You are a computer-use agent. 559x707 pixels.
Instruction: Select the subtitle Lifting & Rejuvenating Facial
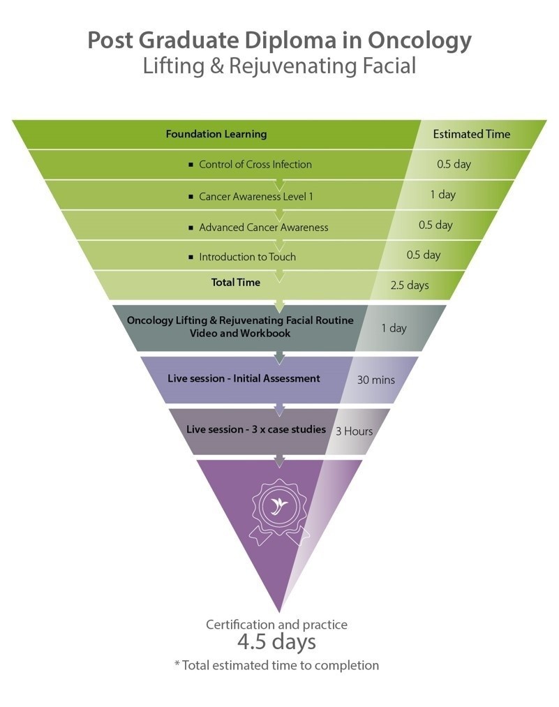click(x=279, y=66)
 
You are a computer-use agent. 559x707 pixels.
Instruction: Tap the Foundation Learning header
click(x=216, y=134)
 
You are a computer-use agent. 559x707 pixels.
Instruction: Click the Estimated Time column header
click(x=472, y=134)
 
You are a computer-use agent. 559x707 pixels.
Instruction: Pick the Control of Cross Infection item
click(x=255, y=165)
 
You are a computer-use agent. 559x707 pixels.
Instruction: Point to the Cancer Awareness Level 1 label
click(x=256, y=197)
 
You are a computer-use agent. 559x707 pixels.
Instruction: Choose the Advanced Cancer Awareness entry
click(x=263, y=228)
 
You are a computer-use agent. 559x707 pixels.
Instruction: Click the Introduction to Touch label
click(x=247, y=257)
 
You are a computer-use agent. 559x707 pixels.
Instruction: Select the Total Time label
click(x=236, y=283)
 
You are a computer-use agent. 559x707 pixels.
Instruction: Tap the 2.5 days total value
click(x=410, y=285)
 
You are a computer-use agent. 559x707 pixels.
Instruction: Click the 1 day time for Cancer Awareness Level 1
click(x=442, y=195)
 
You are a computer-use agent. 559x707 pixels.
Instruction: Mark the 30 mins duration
click(x=376, y=380)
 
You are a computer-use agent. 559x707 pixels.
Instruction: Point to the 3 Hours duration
click(x=354, y=431)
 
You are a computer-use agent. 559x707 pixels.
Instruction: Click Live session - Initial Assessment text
click(x=244, y=378)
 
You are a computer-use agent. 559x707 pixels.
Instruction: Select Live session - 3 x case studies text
click(x=256, y=429)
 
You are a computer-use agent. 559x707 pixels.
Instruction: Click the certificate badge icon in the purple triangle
click(x=279, y=508)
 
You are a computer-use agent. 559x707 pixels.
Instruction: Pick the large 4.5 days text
click(x=276, y=642)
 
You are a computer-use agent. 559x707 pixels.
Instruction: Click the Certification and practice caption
click(x=276, y=624)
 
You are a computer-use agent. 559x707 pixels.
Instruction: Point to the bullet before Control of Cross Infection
click(x=191, y=165)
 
